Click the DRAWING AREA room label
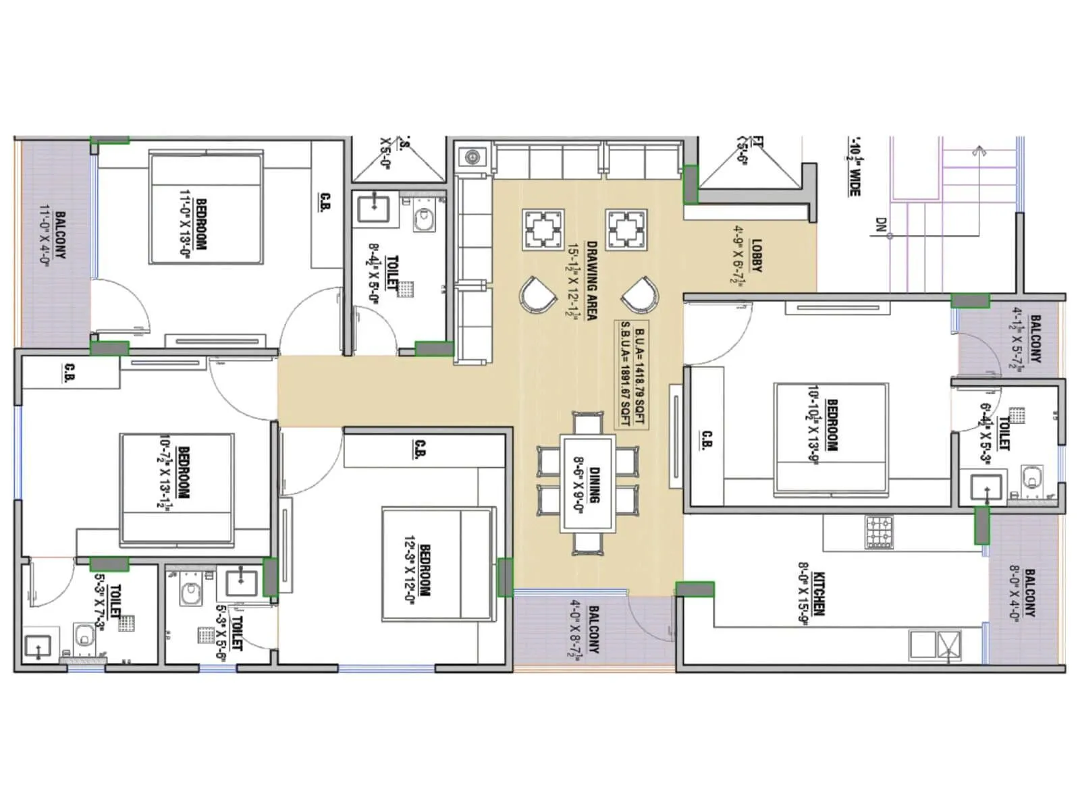(x=591, y=280)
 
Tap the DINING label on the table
(x=595, y=485)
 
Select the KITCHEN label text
(x=819, y=593)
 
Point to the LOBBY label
(x=757, y=255)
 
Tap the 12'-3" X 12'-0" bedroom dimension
(x=409, y=570)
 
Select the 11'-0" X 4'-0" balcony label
(x=45, y=236)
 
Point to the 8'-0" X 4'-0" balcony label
(x=1014, y=593)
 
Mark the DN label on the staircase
(x=880, y=225)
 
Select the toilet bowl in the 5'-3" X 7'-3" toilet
(x=85, y=636)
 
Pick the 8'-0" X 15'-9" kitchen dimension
(x=804, y=595)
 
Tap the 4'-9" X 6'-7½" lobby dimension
(x=738, y=255)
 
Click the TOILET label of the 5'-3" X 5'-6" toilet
(x=236, y=632)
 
